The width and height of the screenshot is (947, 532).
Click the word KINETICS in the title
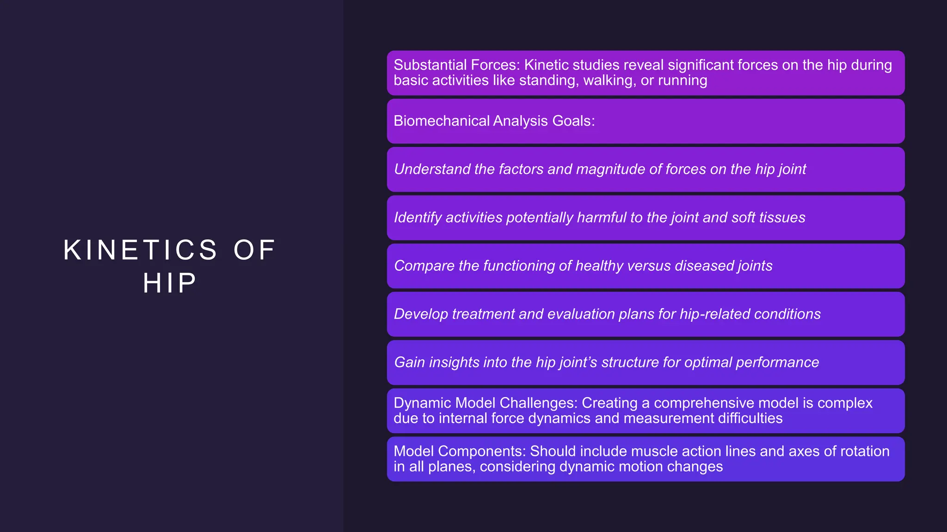click(140, 250)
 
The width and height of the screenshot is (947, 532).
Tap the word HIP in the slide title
click(170, 283)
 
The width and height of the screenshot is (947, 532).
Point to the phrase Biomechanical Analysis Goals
click(494, 121)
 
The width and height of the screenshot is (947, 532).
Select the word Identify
click(417, 218)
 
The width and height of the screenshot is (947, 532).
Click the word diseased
click(703, 266)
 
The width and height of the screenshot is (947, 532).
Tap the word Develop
click(421, 314)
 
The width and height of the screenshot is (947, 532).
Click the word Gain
click(409, 363)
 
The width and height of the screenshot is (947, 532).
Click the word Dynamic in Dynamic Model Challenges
click(422, 403)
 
